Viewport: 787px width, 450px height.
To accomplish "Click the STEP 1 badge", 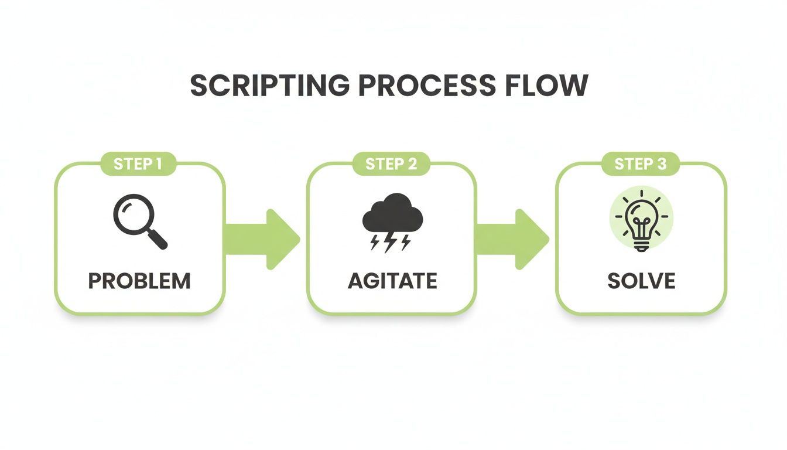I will tap(138, 164).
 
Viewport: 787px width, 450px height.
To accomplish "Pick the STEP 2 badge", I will tap(391, 164).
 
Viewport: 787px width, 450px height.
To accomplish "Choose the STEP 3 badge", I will tap(641, 164).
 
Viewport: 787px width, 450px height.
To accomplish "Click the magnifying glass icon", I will tap(139, 221).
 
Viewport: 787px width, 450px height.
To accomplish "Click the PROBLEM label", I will tap(139, 281).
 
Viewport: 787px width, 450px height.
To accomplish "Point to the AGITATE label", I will tap(392, 281).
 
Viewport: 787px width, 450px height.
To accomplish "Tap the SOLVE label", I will tap(641, 281).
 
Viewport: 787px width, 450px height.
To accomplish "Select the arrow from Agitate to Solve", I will tap(513, 239).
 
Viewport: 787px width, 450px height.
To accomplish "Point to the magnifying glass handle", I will tap(158, 239).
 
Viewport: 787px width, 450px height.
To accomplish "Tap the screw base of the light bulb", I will tap(641, 247).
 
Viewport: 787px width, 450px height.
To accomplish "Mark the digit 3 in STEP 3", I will tap(661, 164).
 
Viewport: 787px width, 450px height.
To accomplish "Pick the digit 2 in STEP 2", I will tap(412, 164).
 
